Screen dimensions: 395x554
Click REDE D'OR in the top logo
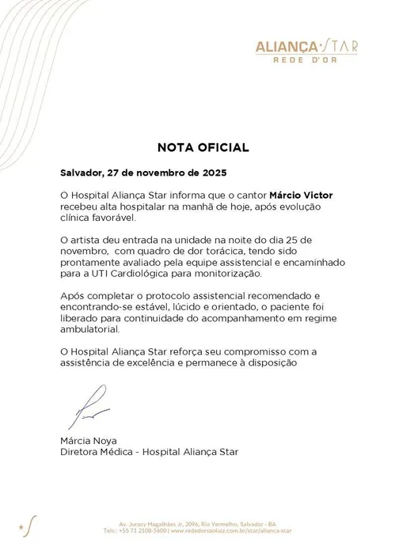pos(307,58)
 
